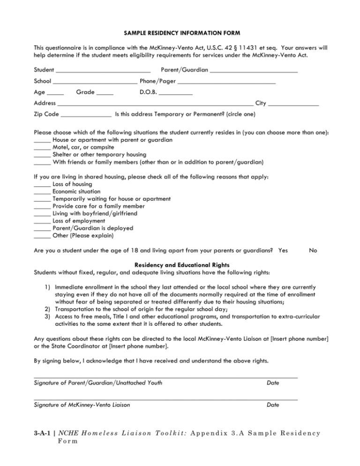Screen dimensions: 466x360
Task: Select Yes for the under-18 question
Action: (283, 250)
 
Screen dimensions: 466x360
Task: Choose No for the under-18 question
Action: (314, 250)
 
